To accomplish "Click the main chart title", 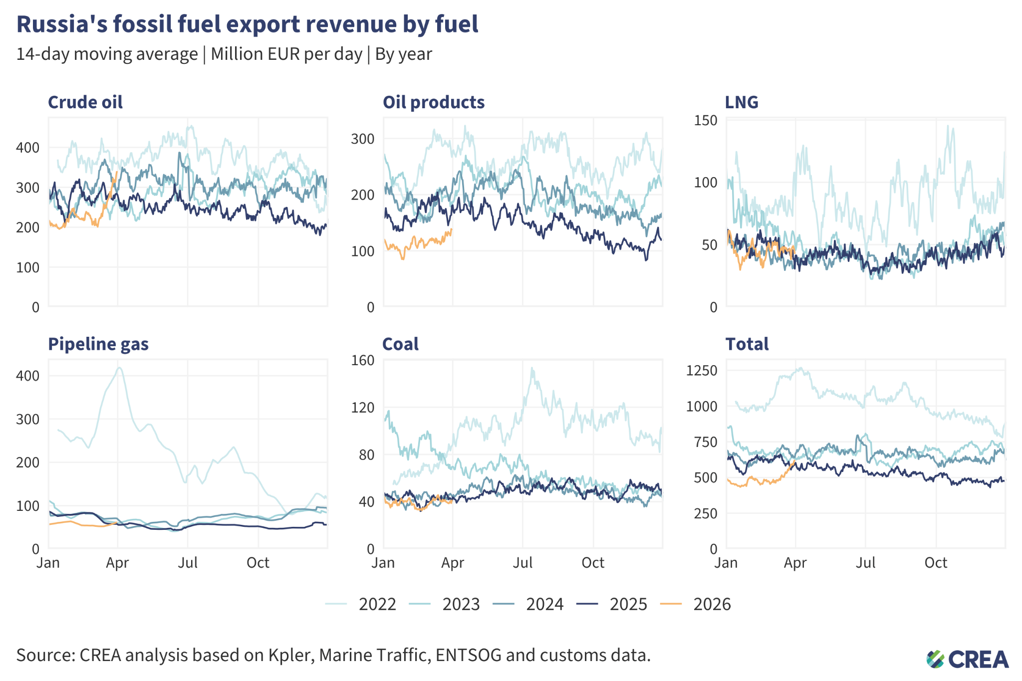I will tap(247, 24).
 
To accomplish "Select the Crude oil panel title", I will tap(85, 102).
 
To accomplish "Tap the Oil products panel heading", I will tap(433, 102).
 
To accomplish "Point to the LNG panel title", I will tap(741, 102).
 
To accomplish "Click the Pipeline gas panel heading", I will tap(98, 344).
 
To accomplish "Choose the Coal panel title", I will tap(400, 344).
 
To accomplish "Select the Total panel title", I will tap(747, 344).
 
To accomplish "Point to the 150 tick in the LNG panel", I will tap(706, 120).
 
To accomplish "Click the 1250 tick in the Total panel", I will tap(702, 371).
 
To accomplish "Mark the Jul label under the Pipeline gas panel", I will tap(188, 563).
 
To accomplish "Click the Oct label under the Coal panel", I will tap(593, 563).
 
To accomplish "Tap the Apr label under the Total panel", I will tap(795, 563).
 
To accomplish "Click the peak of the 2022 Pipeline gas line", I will tap(119, 368).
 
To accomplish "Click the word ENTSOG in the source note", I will tap(468, 655).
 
